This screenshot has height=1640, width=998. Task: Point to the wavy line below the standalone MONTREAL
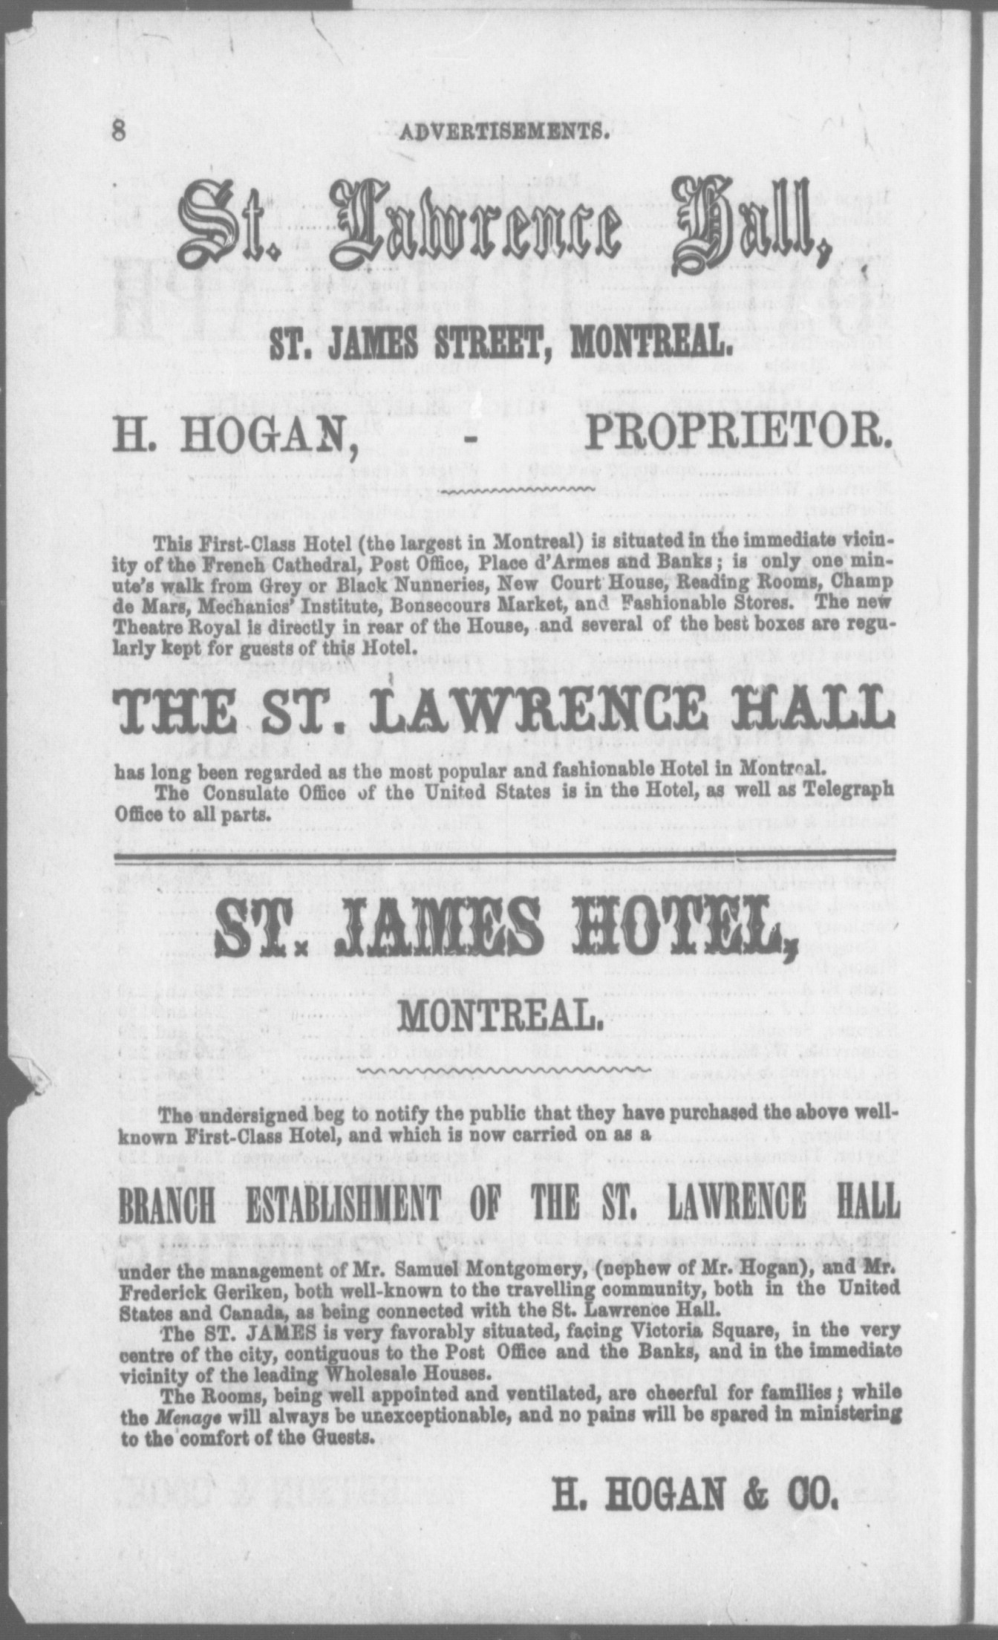[503, 1071]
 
